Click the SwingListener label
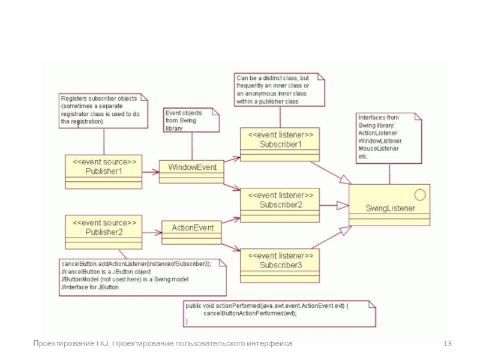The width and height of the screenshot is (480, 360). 390,208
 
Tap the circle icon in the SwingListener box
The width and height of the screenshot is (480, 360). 419,194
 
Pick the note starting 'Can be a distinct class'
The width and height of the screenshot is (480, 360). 279,89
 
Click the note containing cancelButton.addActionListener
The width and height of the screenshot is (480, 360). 143,275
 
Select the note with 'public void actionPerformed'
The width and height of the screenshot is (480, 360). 279,313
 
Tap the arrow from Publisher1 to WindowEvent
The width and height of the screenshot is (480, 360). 151,172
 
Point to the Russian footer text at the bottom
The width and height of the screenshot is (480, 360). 163,343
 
